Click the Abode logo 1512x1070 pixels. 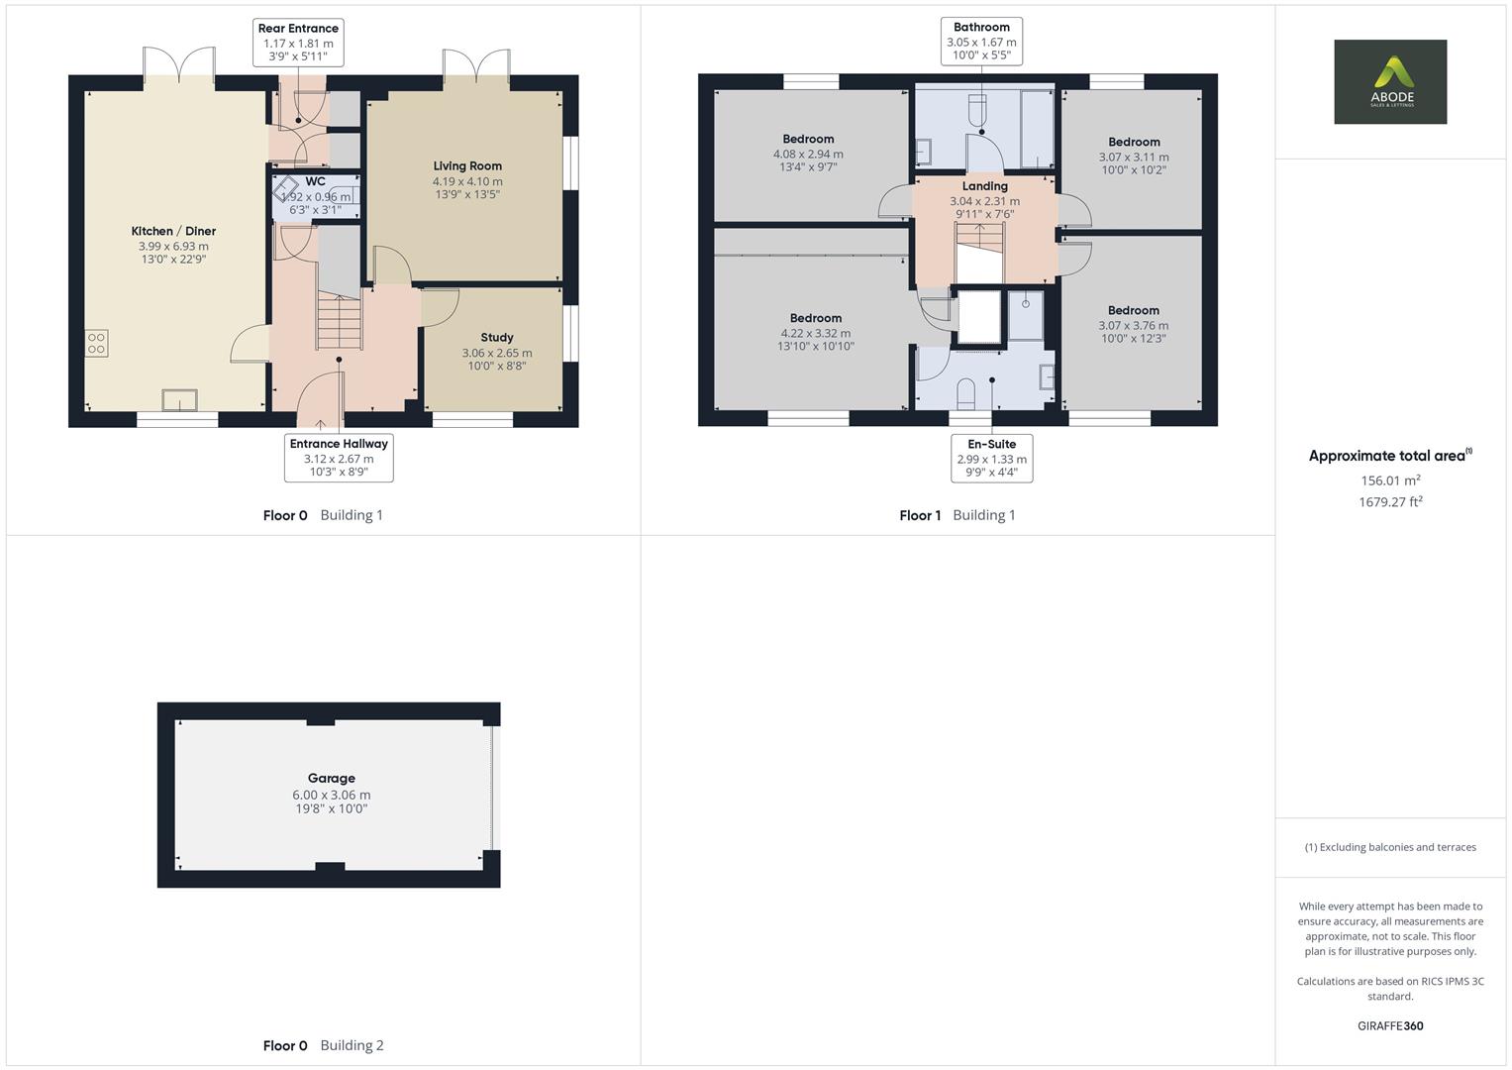click(1389, 81)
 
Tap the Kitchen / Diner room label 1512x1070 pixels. click(173, 232)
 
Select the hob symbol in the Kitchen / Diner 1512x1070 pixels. click(96, 344)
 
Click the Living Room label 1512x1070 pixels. click(467, 166)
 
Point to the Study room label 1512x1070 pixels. click(497, 338)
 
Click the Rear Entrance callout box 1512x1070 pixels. click(298, 43)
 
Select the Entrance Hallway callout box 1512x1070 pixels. click(339, 458)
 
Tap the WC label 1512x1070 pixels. click(315, 182)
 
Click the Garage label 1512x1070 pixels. click(331, 779)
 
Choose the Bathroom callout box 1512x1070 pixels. click(981, 42)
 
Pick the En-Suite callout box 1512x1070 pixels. click(991, 458)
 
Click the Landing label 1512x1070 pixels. click(985, 186)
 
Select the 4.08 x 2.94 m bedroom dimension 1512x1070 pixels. click(808, 155)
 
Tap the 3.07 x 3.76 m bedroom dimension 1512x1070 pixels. click(1133, 325)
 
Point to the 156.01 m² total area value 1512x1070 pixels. click(1390, 481)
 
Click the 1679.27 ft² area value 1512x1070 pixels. click(1390, 502)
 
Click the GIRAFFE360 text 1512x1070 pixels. click(1390, 1026)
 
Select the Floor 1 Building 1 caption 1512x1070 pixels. click(957, 515)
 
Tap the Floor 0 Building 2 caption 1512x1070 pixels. click(323, 1045)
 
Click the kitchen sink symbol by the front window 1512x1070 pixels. click(179, 399)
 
